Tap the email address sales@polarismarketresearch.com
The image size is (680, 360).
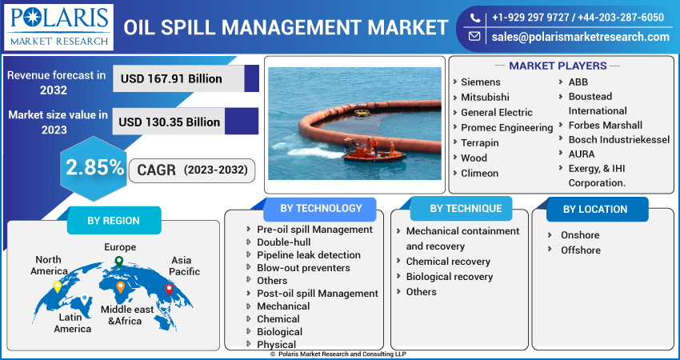coord(579,37)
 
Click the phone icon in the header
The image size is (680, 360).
coord(475,17)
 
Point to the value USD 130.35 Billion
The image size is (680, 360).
coord(170,122)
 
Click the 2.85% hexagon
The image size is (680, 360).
coord(94,167)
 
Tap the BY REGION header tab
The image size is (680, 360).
coord(113,221)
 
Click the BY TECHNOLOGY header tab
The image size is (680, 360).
coord(322,208)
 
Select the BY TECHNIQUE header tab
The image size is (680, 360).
coord(466,208)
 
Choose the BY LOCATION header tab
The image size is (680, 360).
coord(594,209)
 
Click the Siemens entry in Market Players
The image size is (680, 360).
coord(480,82)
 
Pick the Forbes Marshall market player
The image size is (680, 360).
coord(605,125)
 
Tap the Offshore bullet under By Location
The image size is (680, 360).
coord(580,250)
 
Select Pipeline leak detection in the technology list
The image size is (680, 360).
coord(308,255)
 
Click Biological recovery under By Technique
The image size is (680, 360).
coord(449,277)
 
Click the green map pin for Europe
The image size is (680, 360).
coord(118,262)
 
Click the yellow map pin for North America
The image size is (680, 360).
coord(58,286)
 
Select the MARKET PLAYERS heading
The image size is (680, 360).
coord(558,66)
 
